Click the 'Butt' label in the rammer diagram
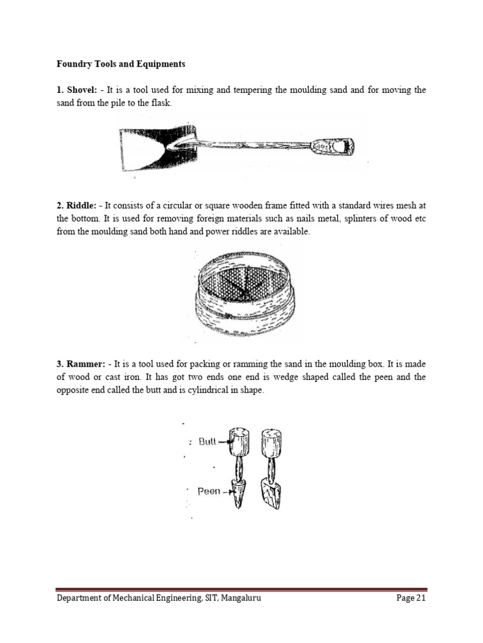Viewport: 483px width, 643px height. pyautogui.click(x=208, y=442)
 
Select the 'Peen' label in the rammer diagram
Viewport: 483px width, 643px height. pyautogui.click(x=209, y=492)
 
